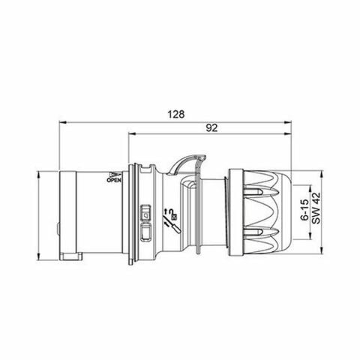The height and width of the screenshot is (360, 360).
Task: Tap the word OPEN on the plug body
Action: click(x=115, y=180)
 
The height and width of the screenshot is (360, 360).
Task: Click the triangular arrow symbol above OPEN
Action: click(x=115, y=172)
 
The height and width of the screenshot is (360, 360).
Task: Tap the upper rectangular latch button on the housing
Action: click(x=146, y=212)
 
